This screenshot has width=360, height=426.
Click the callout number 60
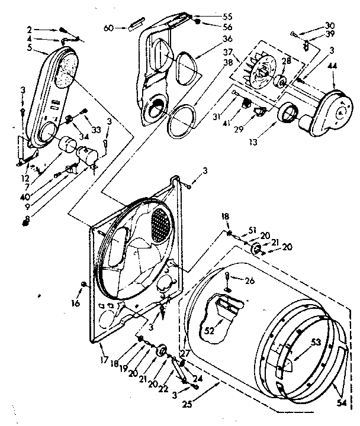pyautogui.click(x=108, y=28)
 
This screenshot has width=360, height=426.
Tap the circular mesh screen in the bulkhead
pyautogui.click(x=161, y=224)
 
